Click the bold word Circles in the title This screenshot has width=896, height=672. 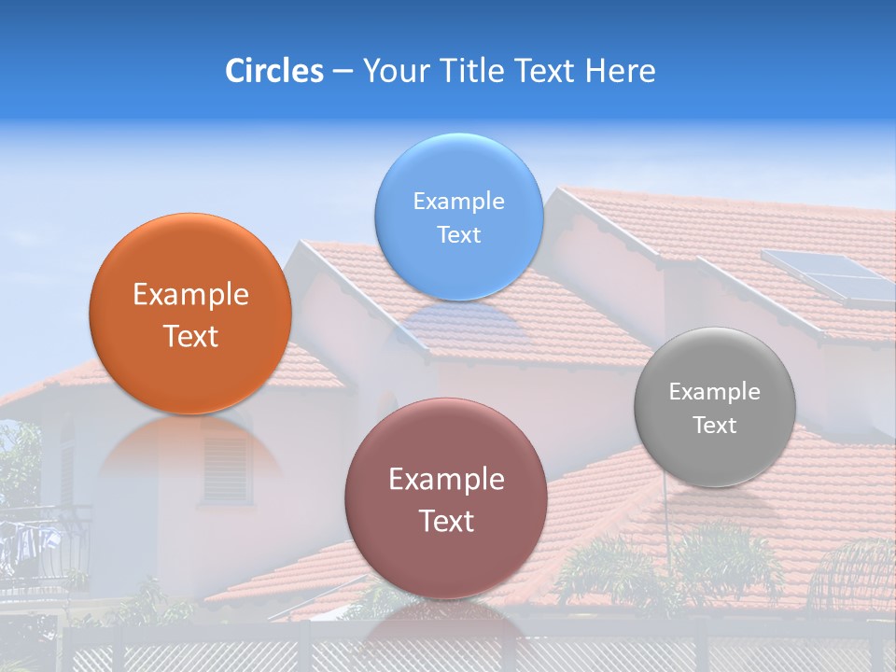[274, 71]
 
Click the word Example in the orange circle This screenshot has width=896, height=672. [190, 295]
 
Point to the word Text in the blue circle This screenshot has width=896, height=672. [458, 235]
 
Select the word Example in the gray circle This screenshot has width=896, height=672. [714, 392]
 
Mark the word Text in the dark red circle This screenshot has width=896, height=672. [446, 521]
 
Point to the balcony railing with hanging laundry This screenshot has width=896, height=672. [42, 546]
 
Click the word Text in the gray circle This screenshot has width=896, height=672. [715, 426]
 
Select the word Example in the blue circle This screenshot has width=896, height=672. [458, 202]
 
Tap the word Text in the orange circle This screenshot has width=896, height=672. [190, 337]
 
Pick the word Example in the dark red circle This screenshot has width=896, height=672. [446, 480]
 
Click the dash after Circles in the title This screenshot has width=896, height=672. [343, 71]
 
